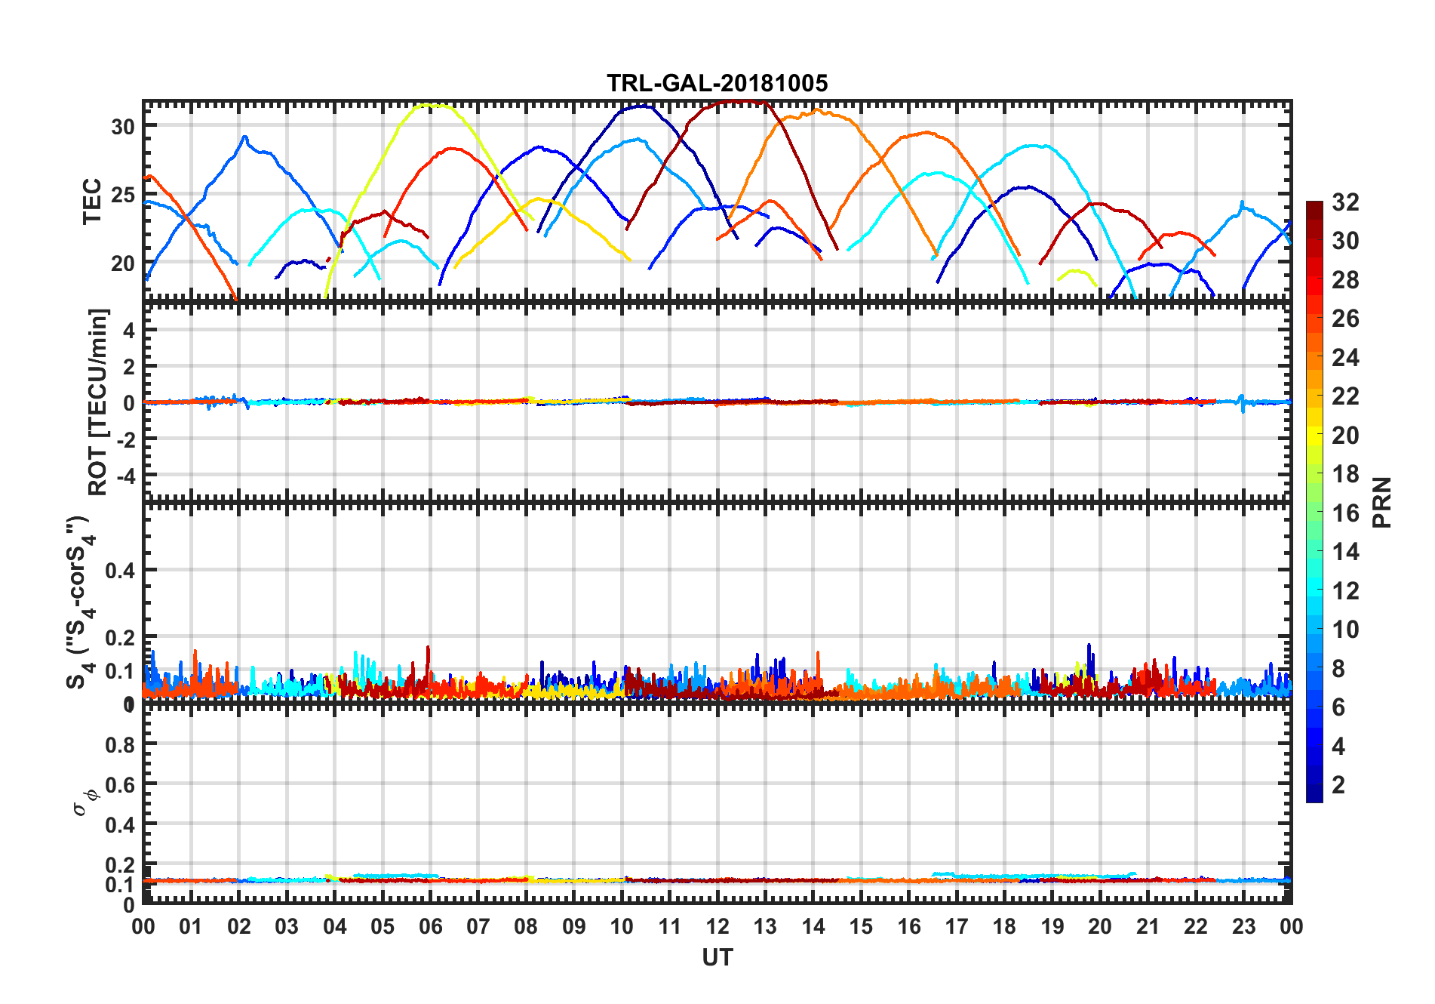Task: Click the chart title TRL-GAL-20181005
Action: [717, 83]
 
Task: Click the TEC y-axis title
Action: [92, 202]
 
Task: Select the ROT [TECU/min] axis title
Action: [98, 402]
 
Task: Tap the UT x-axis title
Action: [717, 957]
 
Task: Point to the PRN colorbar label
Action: [1381, 502]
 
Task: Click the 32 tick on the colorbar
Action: [1345, 202]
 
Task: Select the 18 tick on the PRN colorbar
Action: [1345, 474]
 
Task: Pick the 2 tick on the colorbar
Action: [1339, 785]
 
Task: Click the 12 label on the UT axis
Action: [717, 927]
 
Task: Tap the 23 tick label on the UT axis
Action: [1243, 927]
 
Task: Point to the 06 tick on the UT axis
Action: [430, 927]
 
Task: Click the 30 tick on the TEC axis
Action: [123, 127]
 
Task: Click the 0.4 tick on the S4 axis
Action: [120, 571]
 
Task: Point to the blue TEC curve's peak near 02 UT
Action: [244, 137]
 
